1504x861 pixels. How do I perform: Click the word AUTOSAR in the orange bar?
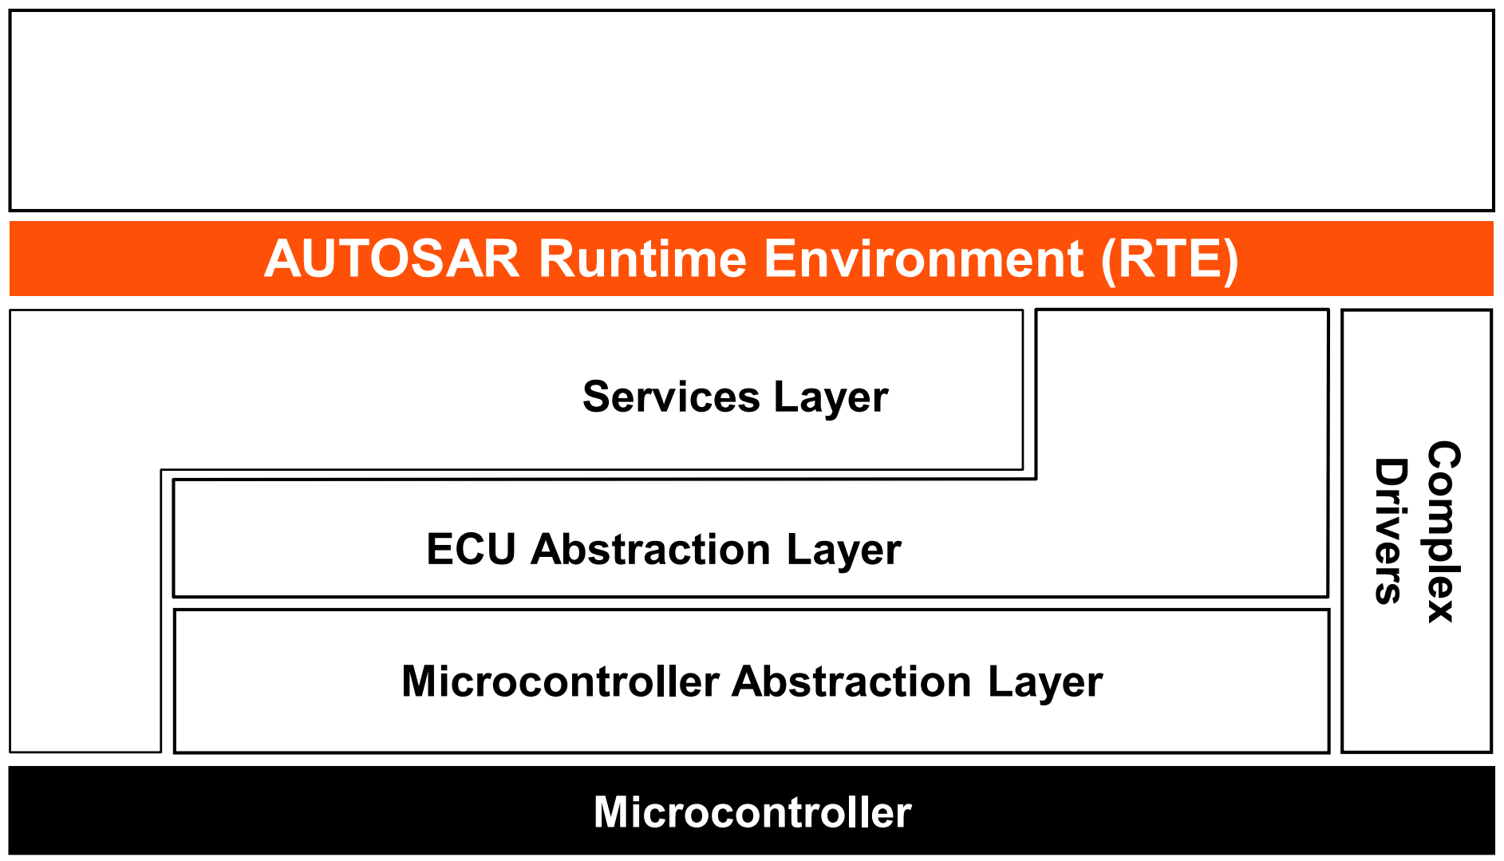pyautogui.click(x=392, y=259)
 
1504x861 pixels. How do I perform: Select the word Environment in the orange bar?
pyautogui.click(x=924, y=259)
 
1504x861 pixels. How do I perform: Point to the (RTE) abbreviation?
pyautogui.click(x=1170, y=260)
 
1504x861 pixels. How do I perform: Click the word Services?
pyautogui.click(x=671, y=397)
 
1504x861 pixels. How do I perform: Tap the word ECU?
pyautogui.click(x=471, y=549)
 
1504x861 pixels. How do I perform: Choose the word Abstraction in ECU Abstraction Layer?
pyautogui.click(x=651, y=549)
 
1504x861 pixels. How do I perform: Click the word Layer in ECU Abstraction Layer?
pyautogui.click(x=844, y=551)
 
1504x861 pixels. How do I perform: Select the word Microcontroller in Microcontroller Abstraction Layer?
pyautogui.click(x=561, y=681)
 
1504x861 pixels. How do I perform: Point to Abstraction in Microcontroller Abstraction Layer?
pyautogui.click(x=852, y=681)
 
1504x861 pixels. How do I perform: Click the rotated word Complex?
pyautogui.click(x=1443, y=531)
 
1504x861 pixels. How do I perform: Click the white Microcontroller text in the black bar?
pyautogui.click(x=752, y=812)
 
